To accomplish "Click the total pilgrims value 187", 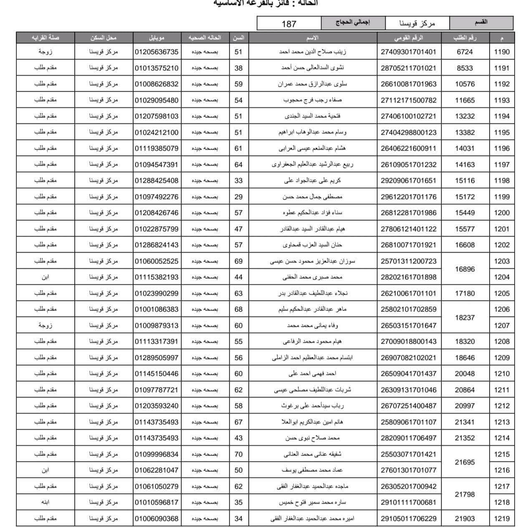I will pyautogui.click(x=289, y=24).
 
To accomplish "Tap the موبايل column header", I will pyautogui.click(x=157, y=38).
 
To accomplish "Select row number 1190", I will pyautogui.click(x=501, y=52).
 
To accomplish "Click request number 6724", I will pyautogui.click(x=465, y=52).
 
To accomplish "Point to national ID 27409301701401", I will pyautogui.click(x=408, y=52).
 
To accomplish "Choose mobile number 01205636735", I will pyautogui.click(x=157, y=52).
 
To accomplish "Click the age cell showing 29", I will pyautogui.click(x=238, y=196).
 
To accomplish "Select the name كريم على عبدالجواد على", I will pyautogui.click(x=312, y=181).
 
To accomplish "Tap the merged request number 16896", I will pyautogui.click(x=465, y=269).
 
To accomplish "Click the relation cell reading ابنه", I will pyautogui.click(x=46, y=502).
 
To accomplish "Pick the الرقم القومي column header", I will pyautogui.click(x=408, y=38).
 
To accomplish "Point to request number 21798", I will pyautogui.click(x=465, y=494).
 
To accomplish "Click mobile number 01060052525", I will pyautogui.click(x=157, y=261).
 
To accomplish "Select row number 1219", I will pyautogui.click(x=501, y=519).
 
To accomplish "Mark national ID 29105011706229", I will pyautogui.click(x=408, y=519).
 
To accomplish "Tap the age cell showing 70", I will pyautogui.click(x=238, y=454).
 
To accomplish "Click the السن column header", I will pyautogui.click(x=238, y=38).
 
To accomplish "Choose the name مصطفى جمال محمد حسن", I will pyautogui.click(x=312, y=196).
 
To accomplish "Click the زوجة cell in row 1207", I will pyautogui.click(x=46, y=326).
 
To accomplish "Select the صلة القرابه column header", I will pyautogui.click(x=46, y=38).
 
